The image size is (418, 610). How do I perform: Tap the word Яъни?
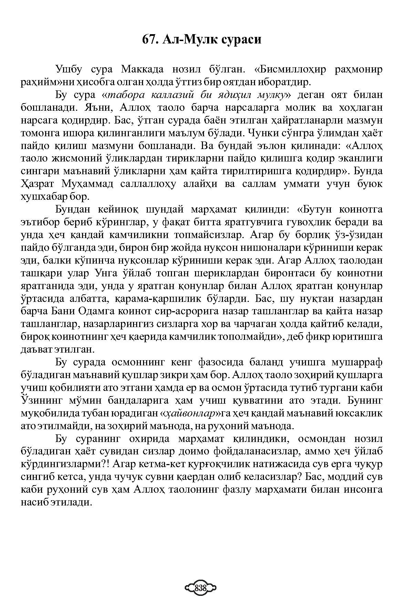98,108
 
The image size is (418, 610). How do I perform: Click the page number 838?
200,588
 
